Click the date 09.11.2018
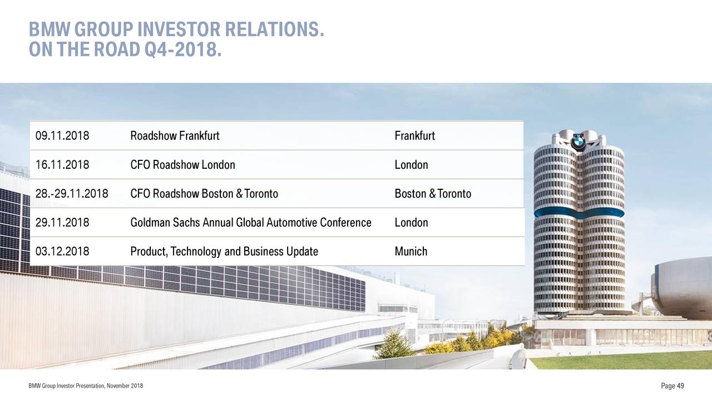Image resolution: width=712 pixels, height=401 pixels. (x=62, y=136)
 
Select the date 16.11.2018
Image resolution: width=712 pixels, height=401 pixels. (x=62, y=165)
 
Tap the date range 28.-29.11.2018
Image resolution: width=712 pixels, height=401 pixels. (x=72, y=194)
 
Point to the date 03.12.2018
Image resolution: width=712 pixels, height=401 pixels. (x=62, y=251)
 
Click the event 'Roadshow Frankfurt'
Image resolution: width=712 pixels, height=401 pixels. (x=175, y=136)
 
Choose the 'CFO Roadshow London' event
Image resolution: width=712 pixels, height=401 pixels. (x=183, y=165)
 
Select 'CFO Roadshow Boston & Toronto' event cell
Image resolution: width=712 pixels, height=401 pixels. (x=204, y=194)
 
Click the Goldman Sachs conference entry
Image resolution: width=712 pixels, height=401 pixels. (x=251, y=222)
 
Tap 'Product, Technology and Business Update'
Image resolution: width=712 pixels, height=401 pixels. (x=224, y=251)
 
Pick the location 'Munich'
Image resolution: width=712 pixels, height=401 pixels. (x=411, y=251)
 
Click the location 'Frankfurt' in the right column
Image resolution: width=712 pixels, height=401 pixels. (x=415, y=136)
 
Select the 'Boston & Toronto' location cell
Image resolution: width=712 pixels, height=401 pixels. (x=433, y=194)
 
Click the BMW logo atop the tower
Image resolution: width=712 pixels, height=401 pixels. (x=578, y=141)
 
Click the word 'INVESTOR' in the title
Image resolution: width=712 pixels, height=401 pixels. (x=179, y=30)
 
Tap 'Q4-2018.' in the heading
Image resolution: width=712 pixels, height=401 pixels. (x=183, y=50)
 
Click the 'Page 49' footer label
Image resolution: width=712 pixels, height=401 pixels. (x=673, y=386)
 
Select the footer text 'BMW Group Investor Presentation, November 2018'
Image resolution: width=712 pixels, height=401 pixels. (x=86, y=386)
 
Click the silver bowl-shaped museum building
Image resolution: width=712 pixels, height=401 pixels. (x=682, y=288)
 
